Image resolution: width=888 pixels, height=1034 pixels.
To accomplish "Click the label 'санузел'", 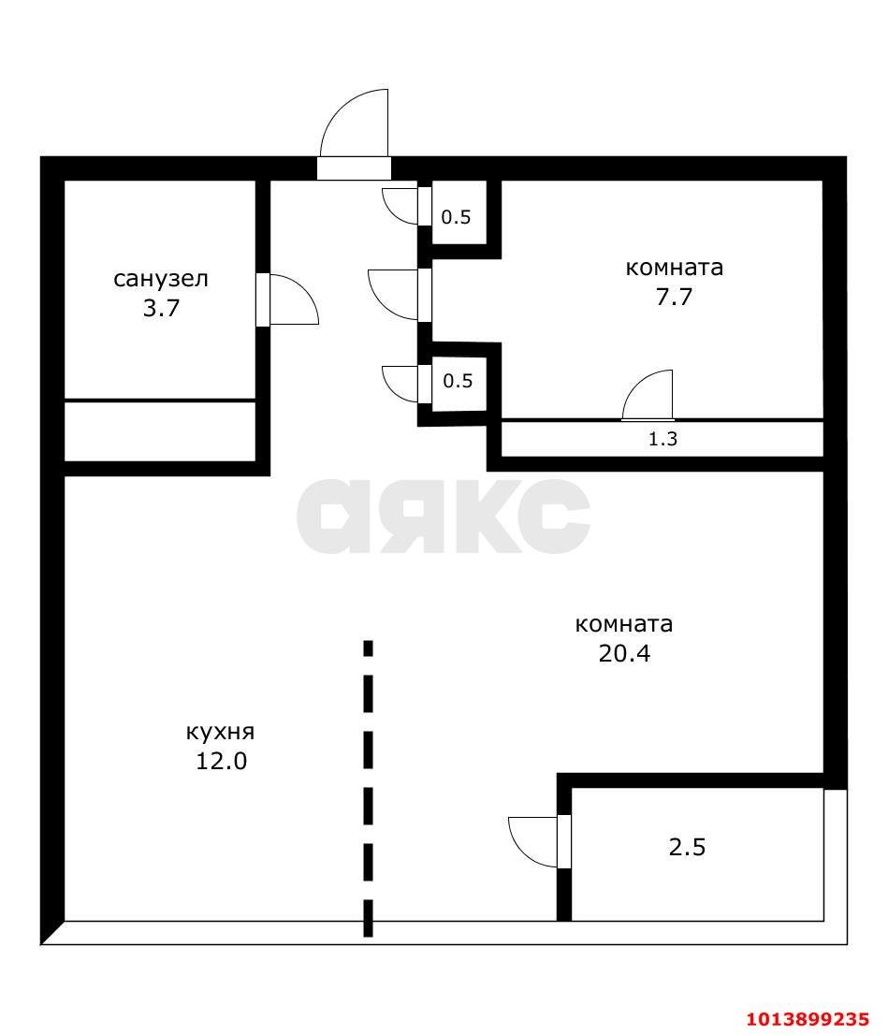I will [x=161, y=279].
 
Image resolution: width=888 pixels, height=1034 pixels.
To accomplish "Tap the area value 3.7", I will [x=161, y=309].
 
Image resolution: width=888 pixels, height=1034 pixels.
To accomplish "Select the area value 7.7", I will [x=674, y=298].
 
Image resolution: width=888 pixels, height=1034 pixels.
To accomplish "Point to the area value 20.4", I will [x=624, y=653].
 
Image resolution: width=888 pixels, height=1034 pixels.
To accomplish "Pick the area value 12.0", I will [x=221, y=761].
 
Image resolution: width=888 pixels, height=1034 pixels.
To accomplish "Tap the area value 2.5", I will [x=688, y=848].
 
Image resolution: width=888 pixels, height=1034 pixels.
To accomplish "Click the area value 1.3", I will [x=662, y=438].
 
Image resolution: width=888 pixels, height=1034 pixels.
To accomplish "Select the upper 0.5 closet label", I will [x=457, y=218].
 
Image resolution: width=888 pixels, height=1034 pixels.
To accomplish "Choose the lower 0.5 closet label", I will [x=457, y=381].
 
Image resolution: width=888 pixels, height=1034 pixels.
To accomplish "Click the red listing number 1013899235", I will [x=808, y=1018].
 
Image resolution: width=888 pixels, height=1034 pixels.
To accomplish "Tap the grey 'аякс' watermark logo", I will [x=444, y=516].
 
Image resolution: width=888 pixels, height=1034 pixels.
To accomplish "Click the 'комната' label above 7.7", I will [x=674, y=268].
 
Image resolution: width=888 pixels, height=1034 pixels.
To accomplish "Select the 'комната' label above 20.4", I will [x=624, y=624].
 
